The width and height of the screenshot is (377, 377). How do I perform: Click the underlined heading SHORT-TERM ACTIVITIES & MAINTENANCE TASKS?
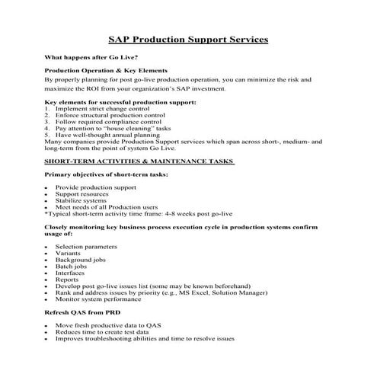(x=138, y=161)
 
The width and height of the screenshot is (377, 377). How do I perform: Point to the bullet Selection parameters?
(x=86, y=247)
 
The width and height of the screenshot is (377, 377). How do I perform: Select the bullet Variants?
(x=68, y=254)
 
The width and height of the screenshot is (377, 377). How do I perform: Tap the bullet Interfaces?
(x=70, y=273)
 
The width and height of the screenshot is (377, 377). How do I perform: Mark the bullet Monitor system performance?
(x=97, y=299)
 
